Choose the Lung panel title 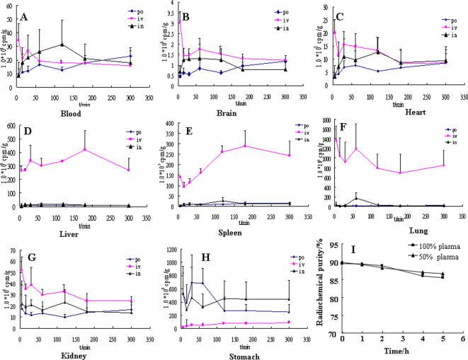tap(401, 231)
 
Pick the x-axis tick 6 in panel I tap(462, 339)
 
